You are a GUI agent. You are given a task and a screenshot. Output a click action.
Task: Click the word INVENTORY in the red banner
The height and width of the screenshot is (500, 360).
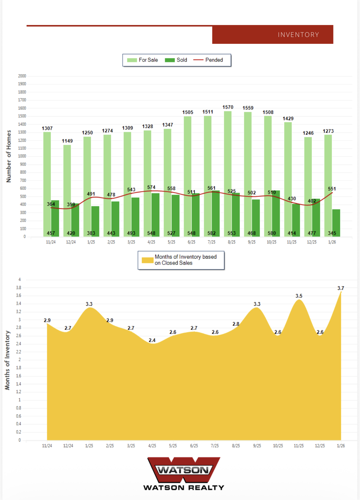point(298,35)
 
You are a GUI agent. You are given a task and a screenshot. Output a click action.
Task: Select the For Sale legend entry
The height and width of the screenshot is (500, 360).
point(143,60)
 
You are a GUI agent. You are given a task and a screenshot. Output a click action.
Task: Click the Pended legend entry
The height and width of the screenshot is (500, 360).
point(208,60)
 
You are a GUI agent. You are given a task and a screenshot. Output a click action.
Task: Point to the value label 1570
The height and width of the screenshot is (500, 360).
point(228,107)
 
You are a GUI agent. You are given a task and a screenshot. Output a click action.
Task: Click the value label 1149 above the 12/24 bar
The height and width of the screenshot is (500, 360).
point(67,141)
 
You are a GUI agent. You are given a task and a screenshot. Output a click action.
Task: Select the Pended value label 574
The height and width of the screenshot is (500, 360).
point(151,187)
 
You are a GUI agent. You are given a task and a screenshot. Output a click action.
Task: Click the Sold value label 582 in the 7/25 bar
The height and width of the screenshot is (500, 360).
point(212,233)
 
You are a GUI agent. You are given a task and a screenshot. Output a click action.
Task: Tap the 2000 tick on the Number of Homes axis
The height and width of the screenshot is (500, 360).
point(22,76)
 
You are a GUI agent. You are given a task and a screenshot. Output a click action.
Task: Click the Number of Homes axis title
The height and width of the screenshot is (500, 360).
point(9,156)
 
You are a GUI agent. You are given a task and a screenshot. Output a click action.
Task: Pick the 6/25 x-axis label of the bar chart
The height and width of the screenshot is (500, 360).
point(191,242)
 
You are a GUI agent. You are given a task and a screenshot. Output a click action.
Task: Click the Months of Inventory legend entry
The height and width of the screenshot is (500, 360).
point(181,260)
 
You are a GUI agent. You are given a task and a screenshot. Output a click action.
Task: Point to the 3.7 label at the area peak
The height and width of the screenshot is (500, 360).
point(341,288)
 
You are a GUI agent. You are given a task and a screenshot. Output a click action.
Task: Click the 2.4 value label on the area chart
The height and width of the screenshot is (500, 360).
point(152,340)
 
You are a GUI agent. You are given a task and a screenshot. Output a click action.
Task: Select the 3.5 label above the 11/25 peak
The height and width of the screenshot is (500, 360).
point(299,296)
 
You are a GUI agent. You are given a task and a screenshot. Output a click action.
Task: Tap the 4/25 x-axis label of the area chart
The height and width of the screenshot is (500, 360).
point(152,446)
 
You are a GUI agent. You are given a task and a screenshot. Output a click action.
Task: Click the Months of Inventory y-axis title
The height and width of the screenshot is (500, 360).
point(7,360)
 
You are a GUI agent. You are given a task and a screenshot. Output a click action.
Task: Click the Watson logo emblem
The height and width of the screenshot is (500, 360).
point(184,470)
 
